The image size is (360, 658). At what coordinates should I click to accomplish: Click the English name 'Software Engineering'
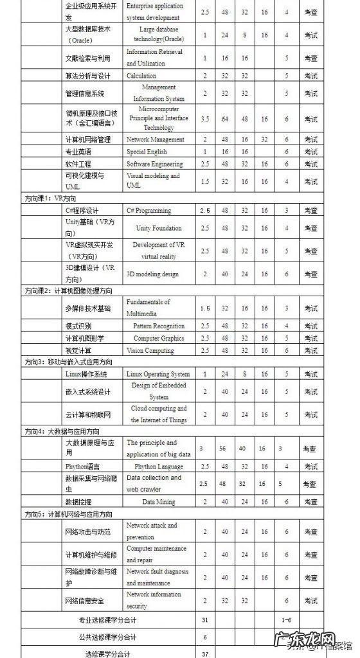tap(155, 164)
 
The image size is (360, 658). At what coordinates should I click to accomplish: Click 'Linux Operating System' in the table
tap(158, 374)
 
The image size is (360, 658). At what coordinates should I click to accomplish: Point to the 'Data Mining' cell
tap(159, 501)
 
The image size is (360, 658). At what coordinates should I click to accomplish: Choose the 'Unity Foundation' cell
tap(159, 228)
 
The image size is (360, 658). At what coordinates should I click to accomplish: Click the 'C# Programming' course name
tap(149, 210)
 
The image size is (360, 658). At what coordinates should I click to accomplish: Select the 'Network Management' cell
tap(155, 139)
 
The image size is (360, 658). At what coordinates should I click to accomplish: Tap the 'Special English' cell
tap(147, 152)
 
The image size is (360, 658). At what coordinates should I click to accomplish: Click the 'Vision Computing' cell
tap(150, 350)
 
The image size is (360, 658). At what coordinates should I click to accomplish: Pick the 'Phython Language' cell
tap(159, 466)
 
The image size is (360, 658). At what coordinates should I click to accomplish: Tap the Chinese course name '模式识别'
tap(80, 326)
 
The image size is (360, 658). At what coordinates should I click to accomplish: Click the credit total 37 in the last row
tap(205, 654)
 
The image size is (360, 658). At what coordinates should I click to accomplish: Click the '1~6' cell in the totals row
tap(287, 620)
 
